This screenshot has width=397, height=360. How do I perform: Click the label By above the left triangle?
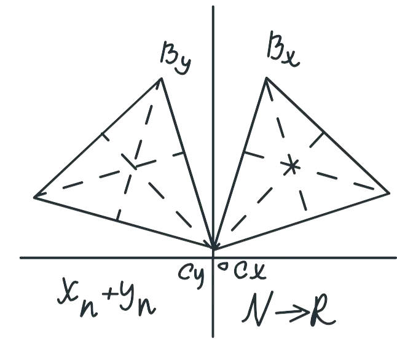click(176, 58)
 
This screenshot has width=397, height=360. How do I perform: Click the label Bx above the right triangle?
click(283, 49)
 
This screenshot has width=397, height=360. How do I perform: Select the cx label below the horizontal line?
click(250, 271)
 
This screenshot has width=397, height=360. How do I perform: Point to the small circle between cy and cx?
click(223, 267)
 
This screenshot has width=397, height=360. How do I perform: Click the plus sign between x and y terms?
click(110, 294)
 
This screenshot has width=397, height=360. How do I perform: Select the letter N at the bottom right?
click(257, 308)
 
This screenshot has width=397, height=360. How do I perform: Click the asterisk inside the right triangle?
click(291, 167)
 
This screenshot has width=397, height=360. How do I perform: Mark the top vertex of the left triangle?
click(161, 79)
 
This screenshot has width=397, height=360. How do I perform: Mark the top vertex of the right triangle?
click(266, 78)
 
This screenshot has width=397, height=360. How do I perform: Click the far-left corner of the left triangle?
click(34, 197)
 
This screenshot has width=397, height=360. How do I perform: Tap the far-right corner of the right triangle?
click(389, 194)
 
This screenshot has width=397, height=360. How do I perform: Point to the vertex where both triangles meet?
click(214, 248)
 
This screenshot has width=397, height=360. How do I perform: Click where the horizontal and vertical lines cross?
click(213, 258)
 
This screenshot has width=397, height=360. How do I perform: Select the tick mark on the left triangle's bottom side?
click(118, 215)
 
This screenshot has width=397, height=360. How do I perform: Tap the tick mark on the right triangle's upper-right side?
click(317, 139)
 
